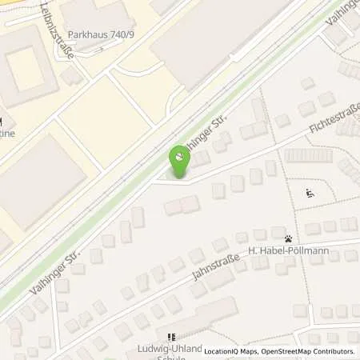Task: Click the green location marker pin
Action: coord(178,160)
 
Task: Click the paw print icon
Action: coord(288,238)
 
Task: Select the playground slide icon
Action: coord(310,192)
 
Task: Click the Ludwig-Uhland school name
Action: coord(169,350)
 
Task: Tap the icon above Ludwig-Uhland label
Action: coord(170,338)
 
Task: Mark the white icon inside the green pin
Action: coord(178,155)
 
